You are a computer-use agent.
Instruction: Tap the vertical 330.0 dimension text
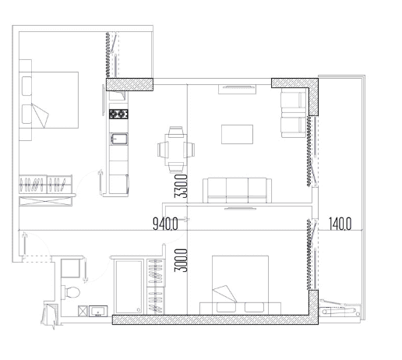(179, 189)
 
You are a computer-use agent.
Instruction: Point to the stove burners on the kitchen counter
(118, 115)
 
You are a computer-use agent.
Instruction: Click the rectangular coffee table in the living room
(238, 135)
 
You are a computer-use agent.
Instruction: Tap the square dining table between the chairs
(175, 147)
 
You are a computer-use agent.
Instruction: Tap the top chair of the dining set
(175, 132)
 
